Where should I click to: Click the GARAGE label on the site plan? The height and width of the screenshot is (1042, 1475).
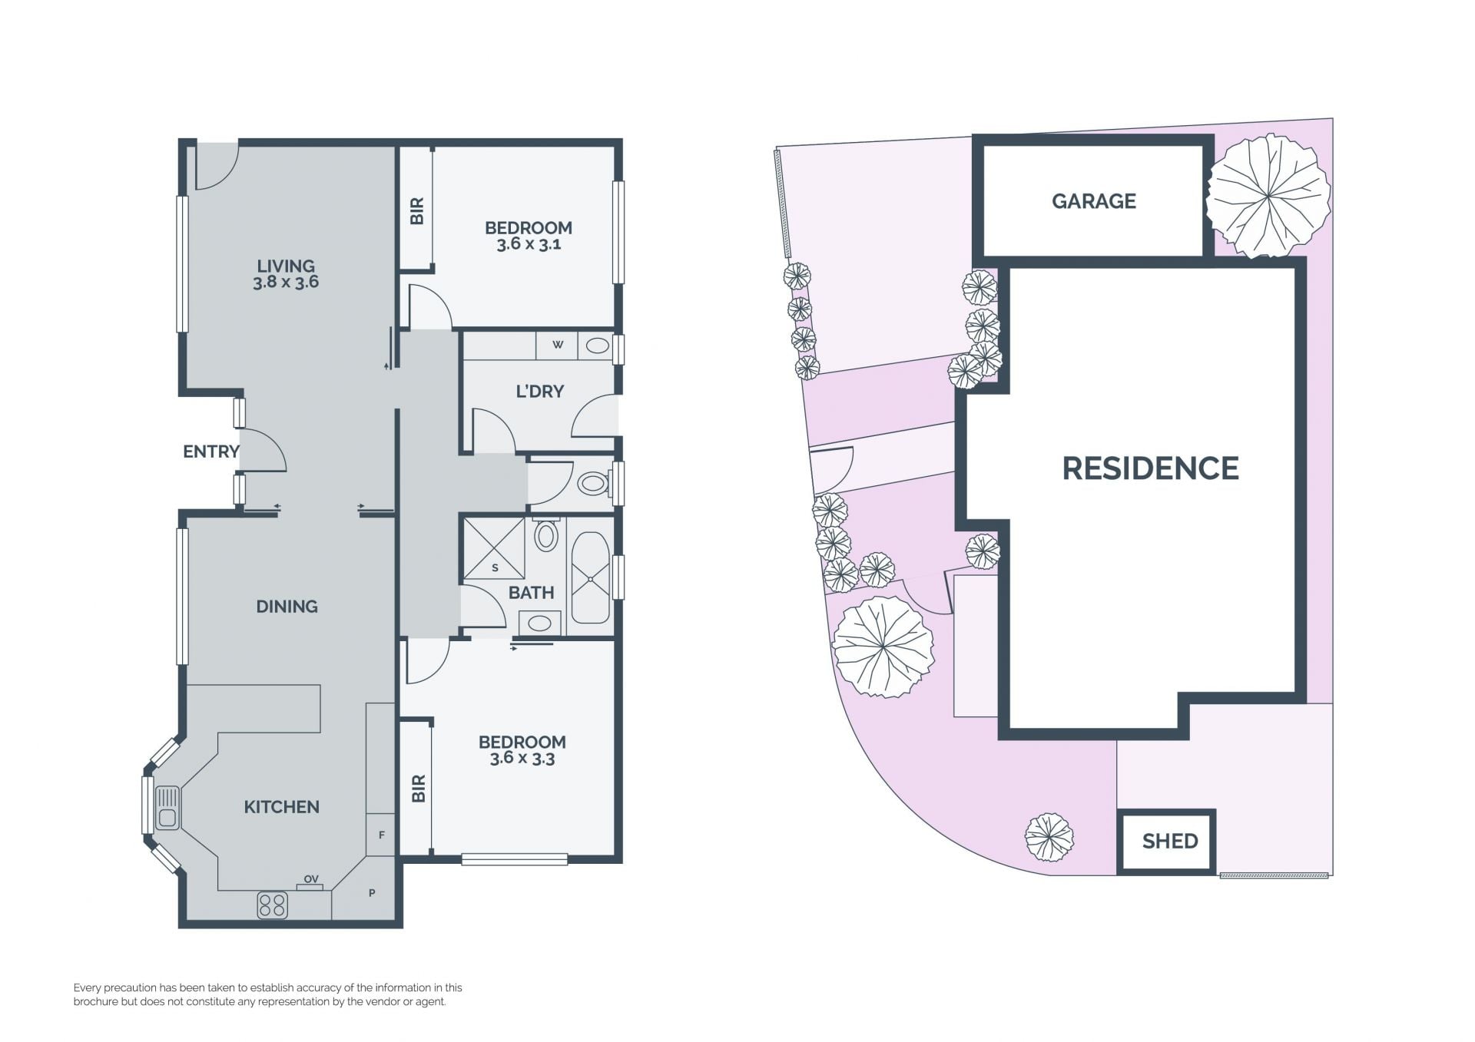pyautogui.click(x=1093, y=201)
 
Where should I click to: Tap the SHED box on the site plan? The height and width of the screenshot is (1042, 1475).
pyautogui.click(x=1166, y=842)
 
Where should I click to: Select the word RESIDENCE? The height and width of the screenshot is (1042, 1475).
pyautogui.click(x=1150, y=468)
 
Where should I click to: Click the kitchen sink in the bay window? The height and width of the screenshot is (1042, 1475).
pyautogui.click(x=167, y=808)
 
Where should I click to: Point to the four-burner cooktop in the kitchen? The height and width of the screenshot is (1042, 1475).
pyautogui.click(x=272, y=905)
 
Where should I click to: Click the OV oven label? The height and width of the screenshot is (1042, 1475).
pyautogui.click(x=310, y=879)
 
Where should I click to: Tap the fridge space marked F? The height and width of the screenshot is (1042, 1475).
pyautogui.click(x=381, y=835)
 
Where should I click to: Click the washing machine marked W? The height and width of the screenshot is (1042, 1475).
pyautogui.click(x=558, y=345)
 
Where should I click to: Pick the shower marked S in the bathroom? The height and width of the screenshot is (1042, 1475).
pyautogui.click(x=493, y=548)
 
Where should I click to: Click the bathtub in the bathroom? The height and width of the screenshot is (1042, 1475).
pyautogui.click(x=590, y=577)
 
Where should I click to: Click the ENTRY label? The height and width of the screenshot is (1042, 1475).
pyautogui.click(x=211, y=452)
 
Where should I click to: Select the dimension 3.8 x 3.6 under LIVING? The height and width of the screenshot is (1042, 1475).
pyautogui.click(x=286, y=283)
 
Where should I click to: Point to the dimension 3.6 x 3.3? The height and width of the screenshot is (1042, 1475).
pyautogui.click(x=522, y=759)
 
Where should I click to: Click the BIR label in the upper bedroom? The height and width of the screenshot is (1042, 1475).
pyautogui.click(x=417, y=211)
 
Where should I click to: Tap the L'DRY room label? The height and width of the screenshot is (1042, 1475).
pyautogui.click(x=540, y=392)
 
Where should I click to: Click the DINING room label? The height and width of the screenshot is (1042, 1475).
pyautogui.click(x=287, y=607)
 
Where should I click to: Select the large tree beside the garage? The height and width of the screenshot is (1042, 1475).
pyautogui.click(x=1268, y=195)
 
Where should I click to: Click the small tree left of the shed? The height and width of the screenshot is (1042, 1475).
pyautogui.click(x=1049, y=838)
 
